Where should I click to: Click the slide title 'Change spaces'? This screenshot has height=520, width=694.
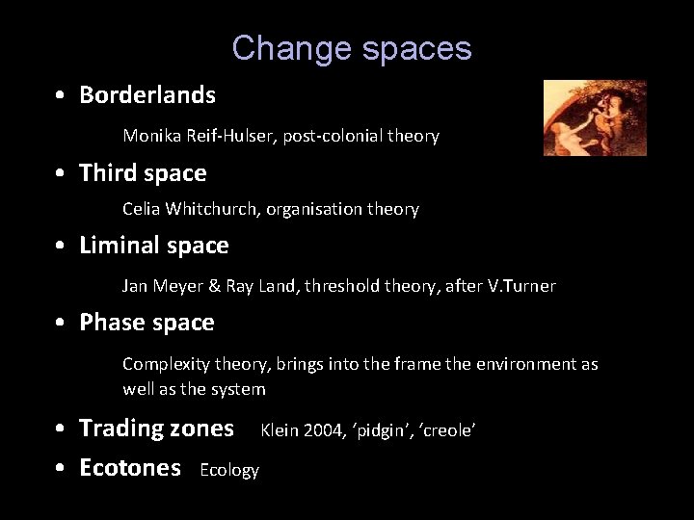coord(351,47)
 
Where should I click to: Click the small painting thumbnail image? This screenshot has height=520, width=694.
coord(594,117)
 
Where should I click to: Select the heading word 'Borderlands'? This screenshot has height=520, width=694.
coord(147,95)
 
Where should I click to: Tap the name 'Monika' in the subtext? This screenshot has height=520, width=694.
coord(149,137)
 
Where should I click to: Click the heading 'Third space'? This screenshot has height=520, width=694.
coord(143,173)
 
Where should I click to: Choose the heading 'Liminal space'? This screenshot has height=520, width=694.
coord(154,246)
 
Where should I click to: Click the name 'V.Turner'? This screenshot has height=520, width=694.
coord(524,286)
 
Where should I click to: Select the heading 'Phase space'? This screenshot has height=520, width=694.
coord(147,323)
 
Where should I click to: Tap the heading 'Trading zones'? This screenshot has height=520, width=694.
coord(156,428)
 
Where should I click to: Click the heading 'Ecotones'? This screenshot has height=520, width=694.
coord(130,468)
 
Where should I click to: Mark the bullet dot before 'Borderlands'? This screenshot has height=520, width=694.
coord(60,96)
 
